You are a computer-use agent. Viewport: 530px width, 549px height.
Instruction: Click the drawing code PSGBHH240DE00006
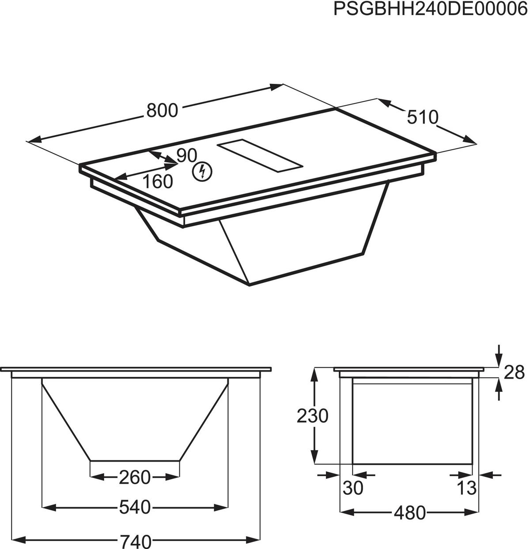click(x=431, y=9)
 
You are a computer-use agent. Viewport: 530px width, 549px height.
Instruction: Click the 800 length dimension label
click(x=162, y=110)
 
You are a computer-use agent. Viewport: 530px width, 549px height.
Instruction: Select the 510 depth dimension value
click(x=422, y=117)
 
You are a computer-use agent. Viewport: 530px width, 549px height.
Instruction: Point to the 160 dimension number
click(x=158, y=181)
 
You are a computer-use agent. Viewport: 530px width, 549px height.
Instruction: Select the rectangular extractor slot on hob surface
click(x=261, y=157)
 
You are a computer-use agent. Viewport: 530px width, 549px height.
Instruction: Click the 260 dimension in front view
click(x=135, y=477)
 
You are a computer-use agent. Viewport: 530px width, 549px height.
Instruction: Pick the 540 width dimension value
click(x=135, y=508)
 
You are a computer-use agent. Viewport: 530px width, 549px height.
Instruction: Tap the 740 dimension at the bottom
click(x=135, y=541)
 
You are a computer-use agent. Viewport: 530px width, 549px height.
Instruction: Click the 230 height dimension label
click(x=312, y=416)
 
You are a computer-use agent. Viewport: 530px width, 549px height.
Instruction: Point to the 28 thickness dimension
click(x=514, y=372)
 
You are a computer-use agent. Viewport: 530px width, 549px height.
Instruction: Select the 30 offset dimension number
click(x=353, y=488)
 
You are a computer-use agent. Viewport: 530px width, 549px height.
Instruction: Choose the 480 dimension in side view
click(x=410, y=513)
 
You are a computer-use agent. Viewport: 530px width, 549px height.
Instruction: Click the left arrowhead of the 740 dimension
click(x=16, y=540)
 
